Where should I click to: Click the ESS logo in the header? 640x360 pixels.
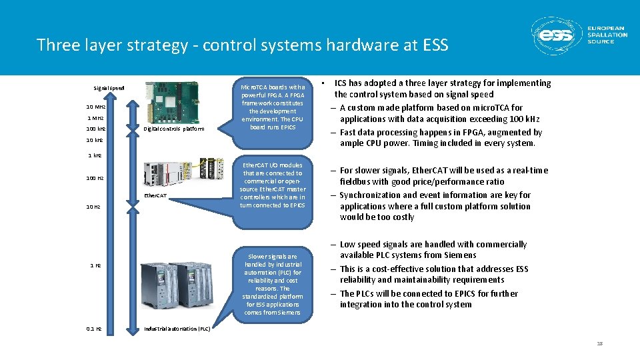point(555,35)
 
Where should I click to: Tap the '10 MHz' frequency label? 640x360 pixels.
point(95,107)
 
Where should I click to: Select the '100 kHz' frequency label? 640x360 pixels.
point(95,129)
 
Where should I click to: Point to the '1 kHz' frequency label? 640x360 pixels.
point(95,155)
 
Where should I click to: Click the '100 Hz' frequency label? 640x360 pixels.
point(95,178)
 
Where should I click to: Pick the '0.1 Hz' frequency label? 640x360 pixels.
point(94,329)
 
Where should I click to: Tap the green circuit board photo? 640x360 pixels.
point(171,102)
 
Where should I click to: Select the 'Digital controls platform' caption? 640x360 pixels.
point(174,129)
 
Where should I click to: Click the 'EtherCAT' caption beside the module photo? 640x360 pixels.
point(155,196)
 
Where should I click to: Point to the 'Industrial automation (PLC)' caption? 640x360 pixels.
point(177,329)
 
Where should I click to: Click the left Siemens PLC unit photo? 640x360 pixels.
point(161,285)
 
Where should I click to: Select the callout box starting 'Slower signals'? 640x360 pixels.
point(272,284)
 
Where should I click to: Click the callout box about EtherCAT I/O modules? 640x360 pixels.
point(273,185)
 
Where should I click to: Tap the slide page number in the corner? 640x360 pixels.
point(599,343)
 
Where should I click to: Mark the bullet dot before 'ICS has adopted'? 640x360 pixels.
point(323,83)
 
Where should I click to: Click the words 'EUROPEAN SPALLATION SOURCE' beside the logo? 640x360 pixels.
point(607,35)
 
